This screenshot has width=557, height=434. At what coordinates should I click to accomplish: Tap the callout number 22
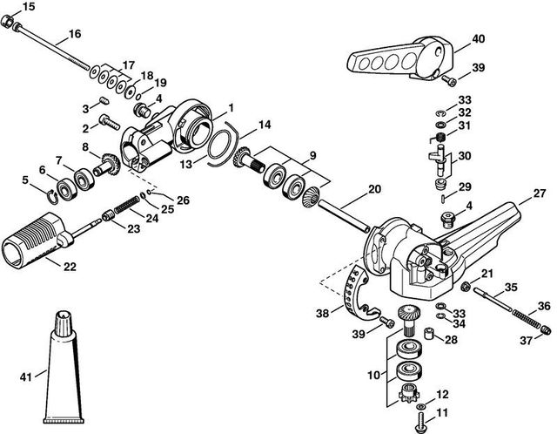[x=70, y=267]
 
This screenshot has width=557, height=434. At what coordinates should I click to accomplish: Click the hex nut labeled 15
[x=7, y=21]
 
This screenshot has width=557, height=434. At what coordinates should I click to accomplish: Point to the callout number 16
[x=75, y=34]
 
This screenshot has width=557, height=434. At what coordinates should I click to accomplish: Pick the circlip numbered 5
[x=52, y=197]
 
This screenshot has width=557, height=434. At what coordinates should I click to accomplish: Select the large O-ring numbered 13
[x=219, y=145]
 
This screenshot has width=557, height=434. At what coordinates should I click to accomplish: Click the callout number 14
[x=265, y=125]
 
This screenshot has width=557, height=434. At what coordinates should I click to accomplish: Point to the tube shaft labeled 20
[x=344, y=216]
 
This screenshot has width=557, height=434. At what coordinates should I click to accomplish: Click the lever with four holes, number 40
[x=399, y=58]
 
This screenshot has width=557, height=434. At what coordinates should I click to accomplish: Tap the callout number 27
[x=540, y=193]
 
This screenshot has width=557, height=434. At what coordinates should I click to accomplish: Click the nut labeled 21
[x=466, y=286]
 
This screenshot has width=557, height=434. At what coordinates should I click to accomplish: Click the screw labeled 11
[x=420, y=421]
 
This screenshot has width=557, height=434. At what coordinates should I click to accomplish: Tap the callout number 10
[x=373, y=375]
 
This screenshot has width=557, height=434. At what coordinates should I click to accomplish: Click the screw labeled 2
[x=109, y=121]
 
